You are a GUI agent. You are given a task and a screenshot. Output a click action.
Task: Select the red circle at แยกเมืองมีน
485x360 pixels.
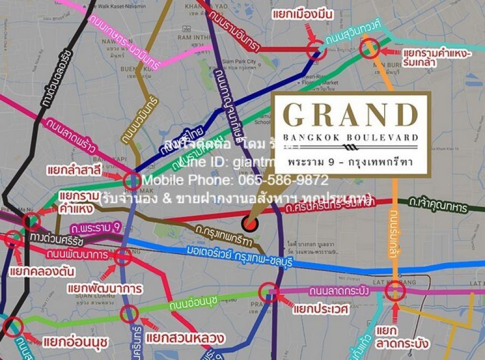[x=315, y=50]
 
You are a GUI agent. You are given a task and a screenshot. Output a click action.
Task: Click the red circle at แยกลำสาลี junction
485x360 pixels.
[x=132, y=181]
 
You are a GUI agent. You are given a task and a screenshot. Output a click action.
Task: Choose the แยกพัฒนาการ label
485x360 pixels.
[x=105, y=288]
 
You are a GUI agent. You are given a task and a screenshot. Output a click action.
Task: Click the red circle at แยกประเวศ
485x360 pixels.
[x=268, y=293]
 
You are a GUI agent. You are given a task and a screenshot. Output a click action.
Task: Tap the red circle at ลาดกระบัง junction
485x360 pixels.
[x=396, y=293]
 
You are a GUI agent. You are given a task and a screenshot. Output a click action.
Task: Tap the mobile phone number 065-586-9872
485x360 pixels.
[x=235, y=180]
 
